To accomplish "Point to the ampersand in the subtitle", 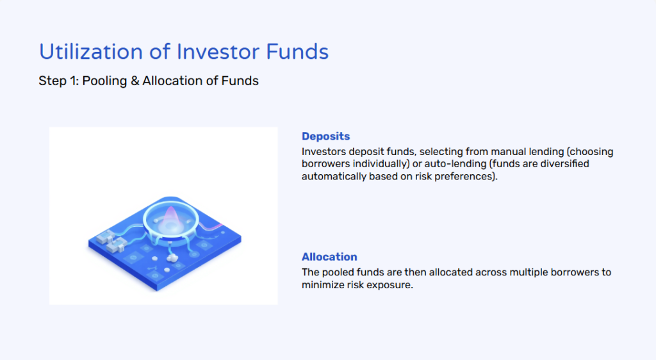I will tap(135, 81).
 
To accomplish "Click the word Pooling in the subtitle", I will tap(106, 81).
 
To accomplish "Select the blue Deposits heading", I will tap(325, 136).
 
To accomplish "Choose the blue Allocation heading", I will tap(329, 257).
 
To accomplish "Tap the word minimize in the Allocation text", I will tap(323, 285).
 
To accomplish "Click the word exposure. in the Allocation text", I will tap(391, 285).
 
